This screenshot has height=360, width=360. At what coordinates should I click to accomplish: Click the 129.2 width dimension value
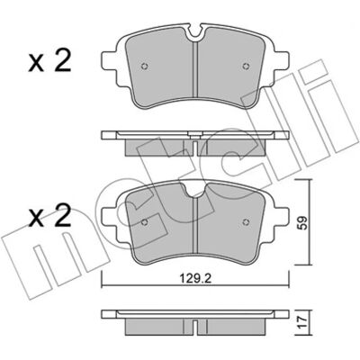[196, 279]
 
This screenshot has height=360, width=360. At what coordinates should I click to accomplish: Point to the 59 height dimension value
[303, 222]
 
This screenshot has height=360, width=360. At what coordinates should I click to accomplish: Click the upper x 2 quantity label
[49, 60]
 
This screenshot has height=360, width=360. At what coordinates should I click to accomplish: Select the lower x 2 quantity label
[49, 215]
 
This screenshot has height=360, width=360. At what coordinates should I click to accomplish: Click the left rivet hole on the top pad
[145, 67]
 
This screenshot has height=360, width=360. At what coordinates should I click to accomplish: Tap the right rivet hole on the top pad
[246, 67]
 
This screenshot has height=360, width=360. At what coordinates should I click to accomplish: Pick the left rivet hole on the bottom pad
[145, 222]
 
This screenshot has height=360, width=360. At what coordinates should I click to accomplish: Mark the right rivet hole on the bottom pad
[246, 222]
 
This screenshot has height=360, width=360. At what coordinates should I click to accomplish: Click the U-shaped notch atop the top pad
[195, 33]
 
